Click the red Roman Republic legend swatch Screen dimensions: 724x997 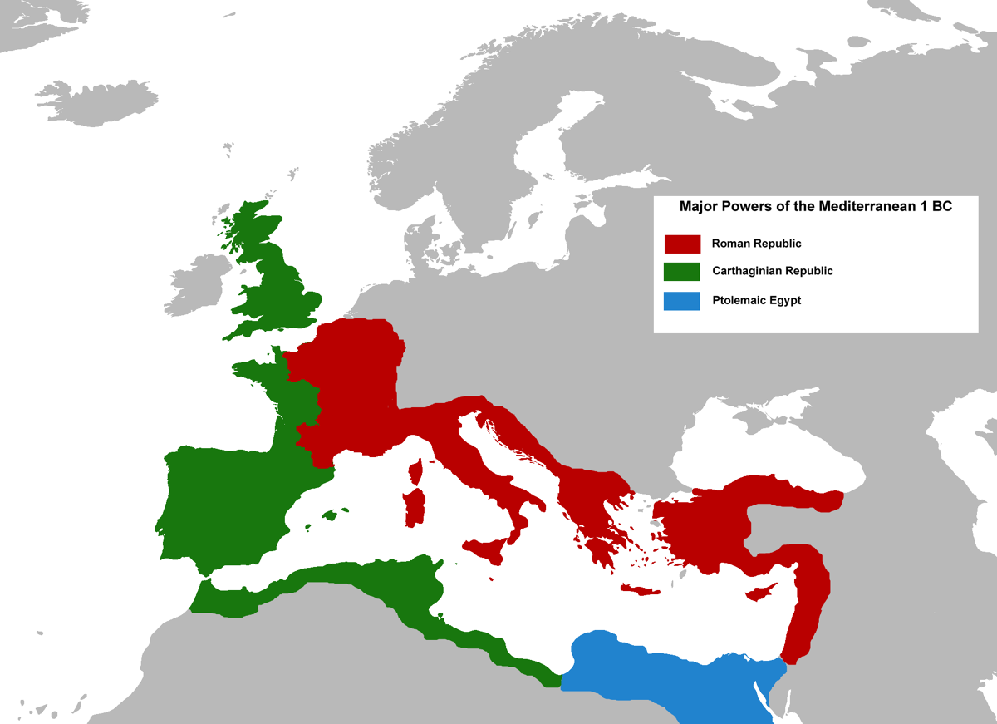pos(682,244)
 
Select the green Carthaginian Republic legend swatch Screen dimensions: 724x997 pos(682,271)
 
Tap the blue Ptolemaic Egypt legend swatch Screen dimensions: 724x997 pos(682,300)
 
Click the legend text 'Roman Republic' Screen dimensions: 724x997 pos(756,244)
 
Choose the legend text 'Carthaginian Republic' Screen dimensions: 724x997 pos(772,271)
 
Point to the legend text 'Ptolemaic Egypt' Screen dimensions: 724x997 pos(756,300)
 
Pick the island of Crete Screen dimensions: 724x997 pos(640,589)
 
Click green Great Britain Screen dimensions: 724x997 pos(278,283)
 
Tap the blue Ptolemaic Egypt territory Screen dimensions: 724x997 pos(665,673)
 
